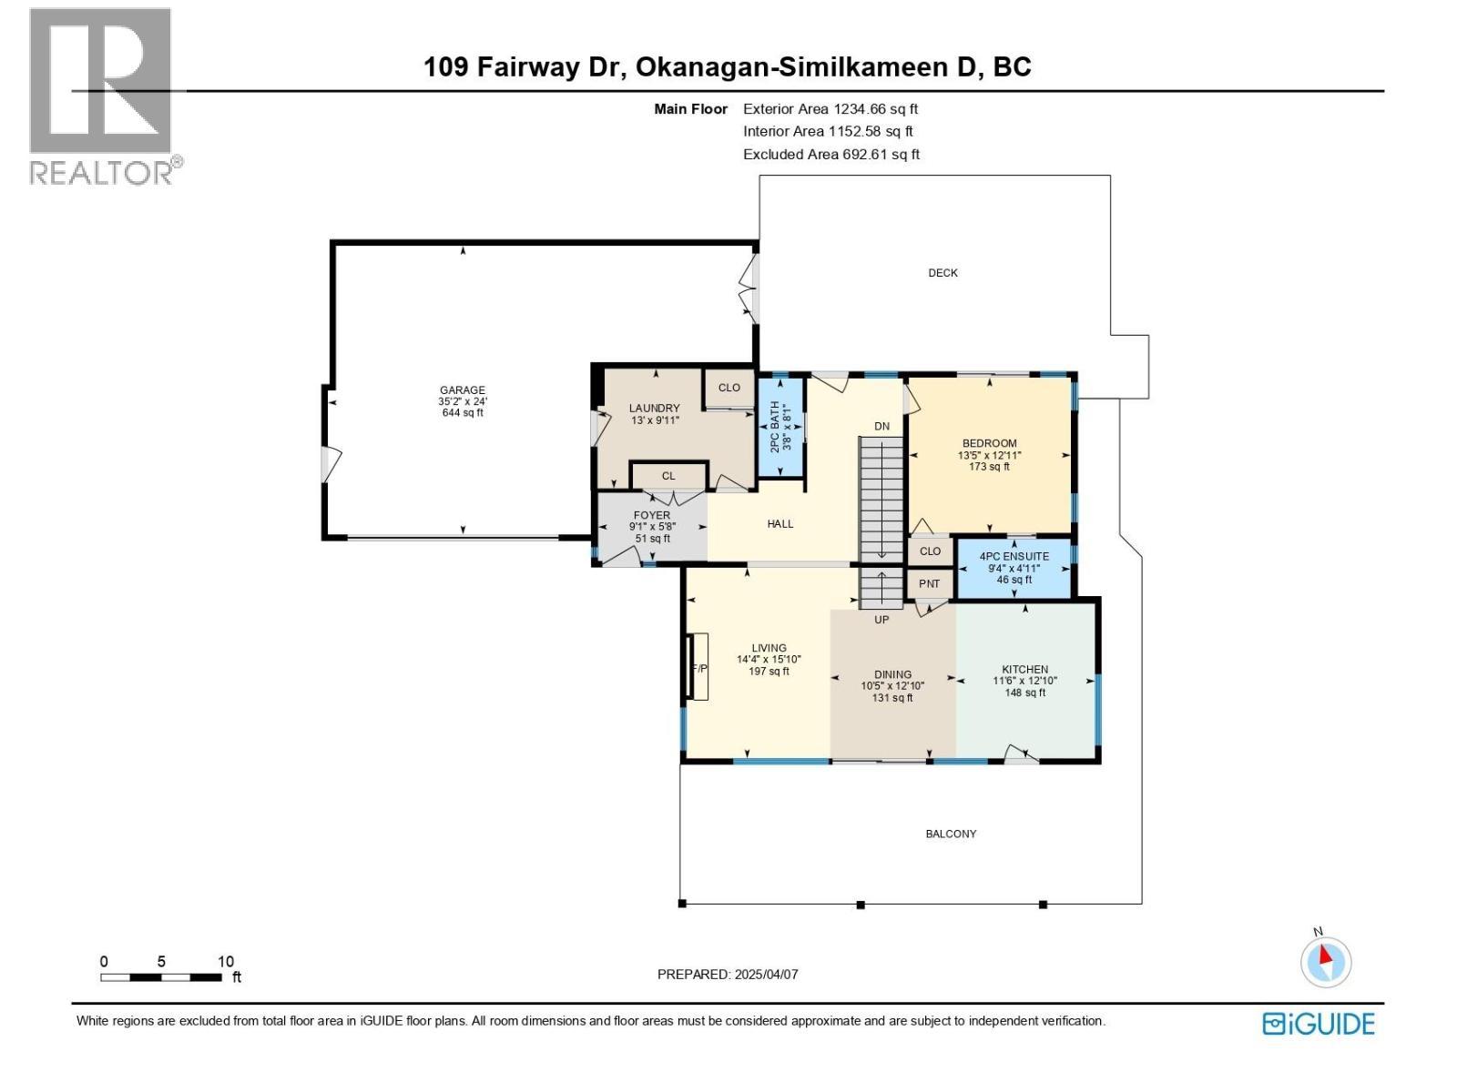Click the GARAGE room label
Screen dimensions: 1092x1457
[x=463, y=390]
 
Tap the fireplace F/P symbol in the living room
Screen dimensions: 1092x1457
[x=699, y=668]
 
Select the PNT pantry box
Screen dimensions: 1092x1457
[x=929, y=584]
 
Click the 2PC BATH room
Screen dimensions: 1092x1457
[x=780, y=427]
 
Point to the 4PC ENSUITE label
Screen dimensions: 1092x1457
[x=1014, y=556]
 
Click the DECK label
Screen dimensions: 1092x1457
[x=942, y=273]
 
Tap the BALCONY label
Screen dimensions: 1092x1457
[x=951, y=834]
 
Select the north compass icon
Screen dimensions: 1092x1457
[x=1326, y=961]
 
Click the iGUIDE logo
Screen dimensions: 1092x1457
[x=1318, y=1024]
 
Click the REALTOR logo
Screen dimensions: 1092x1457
[x=102, y=96]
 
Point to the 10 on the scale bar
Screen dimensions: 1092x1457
[x=225, y=961]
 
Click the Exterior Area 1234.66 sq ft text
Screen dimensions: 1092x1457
[x=830, y=109]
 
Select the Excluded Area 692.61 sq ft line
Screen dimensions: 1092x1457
[x=830, y=155]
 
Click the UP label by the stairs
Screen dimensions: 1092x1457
[x=881, y=620]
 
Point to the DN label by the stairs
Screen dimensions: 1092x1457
[x=881, y=426]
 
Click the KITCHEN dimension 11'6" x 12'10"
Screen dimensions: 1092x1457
[x=1024, y=681]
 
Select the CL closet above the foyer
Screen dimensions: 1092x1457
[x=668, y=476]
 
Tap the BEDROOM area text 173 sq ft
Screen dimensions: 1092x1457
[x=989, y=467]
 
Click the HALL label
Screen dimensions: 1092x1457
[x=780, y=523]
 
